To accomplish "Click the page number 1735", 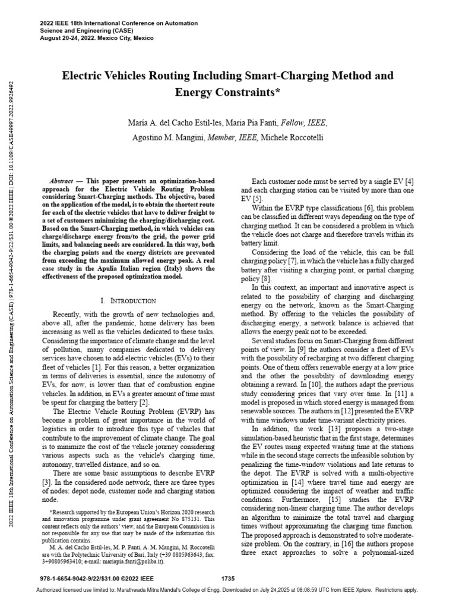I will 228,578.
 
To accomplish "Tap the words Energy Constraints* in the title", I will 228,92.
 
